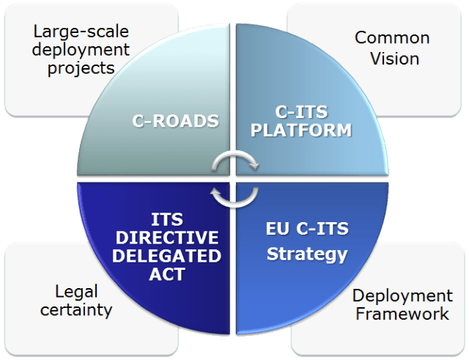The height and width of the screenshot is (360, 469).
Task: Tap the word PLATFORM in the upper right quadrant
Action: click(298, 131)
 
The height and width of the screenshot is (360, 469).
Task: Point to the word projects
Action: click(81, 67)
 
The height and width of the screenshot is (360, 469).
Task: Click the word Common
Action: click(392, 37)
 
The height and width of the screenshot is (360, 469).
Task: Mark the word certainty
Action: click(77, 309)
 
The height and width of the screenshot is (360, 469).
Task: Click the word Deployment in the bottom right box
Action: click(402, 295)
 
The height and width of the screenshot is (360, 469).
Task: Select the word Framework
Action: click(401, 314)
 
